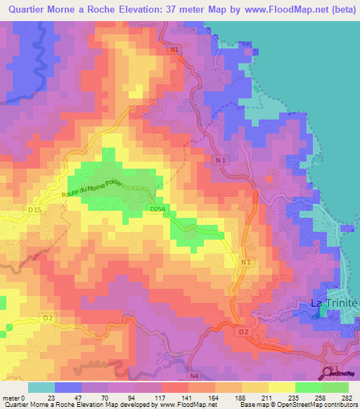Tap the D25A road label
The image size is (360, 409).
tap(157, 209)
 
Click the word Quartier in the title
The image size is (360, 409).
tap(32, 10)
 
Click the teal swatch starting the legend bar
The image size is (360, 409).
tap(41, 387)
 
